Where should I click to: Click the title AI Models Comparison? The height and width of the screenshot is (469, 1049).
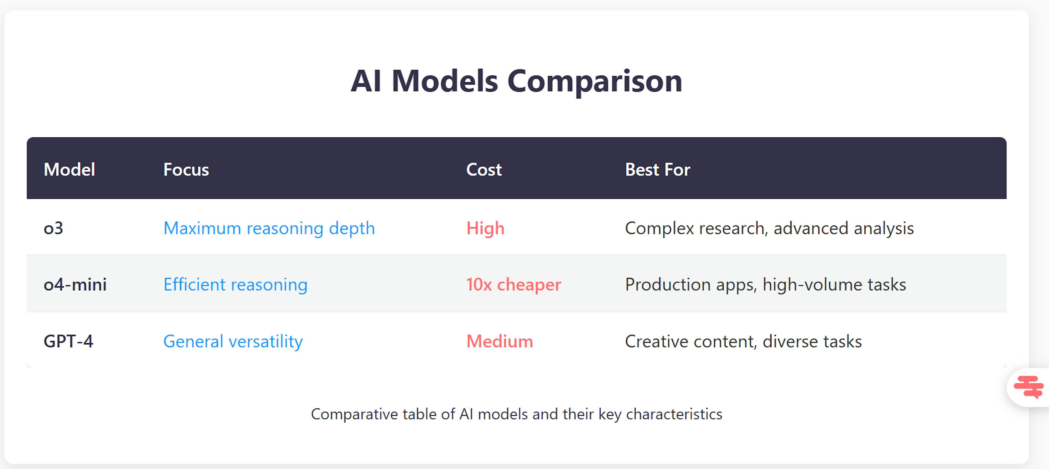(516, 81)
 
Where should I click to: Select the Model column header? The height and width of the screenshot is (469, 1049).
(69, 170)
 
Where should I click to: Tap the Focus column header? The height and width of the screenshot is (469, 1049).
(186, 170)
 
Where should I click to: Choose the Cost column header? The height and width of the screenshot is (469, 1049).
(484, 170)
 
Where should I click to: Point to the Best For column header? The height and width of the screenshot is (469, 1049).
(657, 170)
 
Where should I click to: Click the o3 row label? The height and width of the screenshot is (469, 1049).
(53, 228)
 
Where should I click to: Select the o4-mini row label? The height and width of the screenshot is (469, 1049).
(75, 284)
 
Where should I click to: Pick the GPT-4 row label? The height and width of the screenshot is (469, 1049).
(68, 341)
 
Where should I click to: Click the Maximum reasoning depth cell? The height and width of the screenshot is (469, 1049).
(269, 228)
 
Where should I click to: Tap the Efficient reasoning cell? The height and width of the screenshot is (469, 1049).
(235, 284)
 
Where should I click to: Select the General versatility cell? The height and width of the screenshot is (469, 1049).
(233, 341)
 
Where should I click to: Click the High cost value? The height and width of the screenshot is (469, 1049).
(485, 228)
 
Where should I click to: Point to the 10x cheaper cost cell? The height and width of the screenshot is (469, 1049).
(513, 284)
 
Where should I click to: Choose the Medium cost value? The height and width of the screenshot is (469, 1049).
(499, 341)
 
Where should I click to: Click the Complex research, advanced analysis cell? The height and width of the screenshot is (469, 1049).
(769, 228)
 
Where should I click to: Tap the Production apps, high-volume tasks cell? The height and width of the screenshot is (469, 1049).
(765, 284)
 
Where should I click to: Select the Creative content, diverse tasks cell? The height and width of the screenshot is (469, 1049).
(743, 341)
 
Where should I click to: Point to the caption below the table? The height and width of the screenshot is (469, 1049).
(516, 414)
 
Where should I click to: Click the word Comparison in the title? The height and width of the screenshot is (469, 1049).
(594, 81)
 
